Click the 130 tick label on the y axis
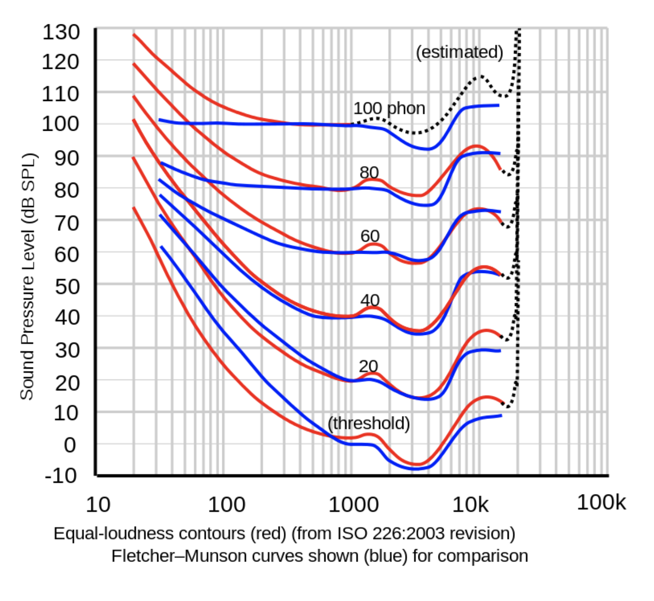click(x=61, y=33)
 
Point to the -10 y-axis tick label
click(x=61, y=476)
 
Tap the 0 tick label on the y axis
click(x=70, y=445)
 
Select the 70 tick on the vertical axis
click(x=67, y=223)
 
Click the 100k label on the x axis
click(x=601, y=502)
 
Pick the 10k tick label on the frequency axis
click(x=470, y=505)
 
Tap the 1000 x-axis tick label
click(x=353, y=505)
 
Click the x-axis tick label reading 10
click(x=98, y=505)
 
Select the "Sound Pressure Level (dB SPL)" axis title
click(x=27, y=277)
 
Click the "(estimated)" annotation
click(x=459, y=52)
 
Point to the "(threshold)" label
click(x=369, y=423)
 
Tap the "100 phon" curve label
click(x=389, y=108)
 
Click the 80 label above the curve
click(x=369, y=173)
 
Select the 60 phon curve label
click(x=370, y=236)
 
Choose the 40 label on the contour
click(x=370, y=300)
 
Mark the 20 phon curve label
click(x=368, y=366)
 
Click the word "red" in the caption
click(x=268, y=534)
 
